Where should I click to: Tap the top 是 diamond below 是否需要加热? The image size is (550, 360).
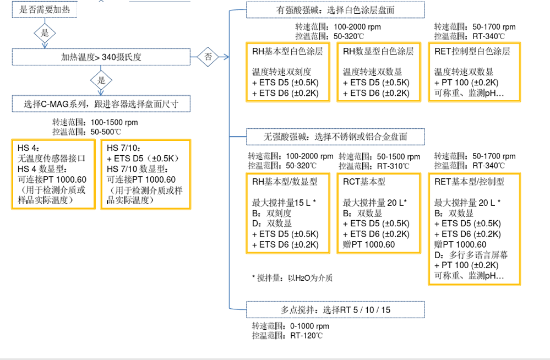tap(45, 33)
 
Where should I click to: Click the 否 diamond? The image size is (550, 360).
tap(208, 56)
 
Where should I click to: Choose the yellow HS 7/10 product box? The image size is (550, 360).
tap(146, 174)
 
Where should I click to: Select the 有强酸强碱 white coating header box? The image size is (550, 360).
tap(335, 10)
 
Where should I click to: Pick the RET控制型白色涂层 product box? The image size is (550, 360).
tap(474, 72)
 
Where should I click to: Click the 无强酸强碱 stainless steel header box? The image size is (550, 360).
tap(335, 136)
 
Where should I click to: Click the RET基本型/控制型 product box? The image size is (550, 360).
tap(474, 228)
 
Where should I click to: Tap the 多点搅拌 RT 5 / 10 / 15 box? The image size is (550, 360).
tap(335, 310)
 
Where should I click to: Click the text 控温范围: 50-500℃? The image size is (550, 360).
tap(86, 132)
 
